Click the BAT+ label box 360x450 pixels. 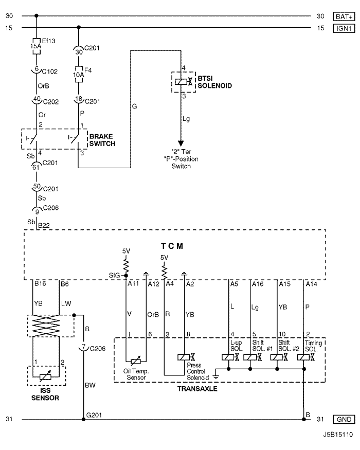[344, 16]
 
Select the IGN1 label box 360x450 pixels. [344, 28]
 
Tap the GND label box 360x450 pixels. [344, 419]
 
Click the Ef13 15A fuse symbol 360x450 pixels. [37, 46]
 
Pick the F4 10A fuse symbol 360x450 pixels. [79, 75]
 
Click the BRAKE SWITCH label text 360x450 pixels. [102, 140]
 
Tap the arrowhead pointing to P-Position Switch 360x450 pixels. [181, 143]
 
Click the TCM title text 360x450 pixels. [172, 246]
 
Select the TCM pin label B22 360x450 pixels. [44, 226]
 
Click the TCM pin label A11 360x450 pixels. [133, 283]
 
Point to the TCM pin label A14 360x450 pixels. [312, 284]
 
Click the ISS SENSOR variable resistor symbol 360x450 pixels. [45, 376]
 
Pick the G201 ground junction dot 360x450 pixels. [83, 419]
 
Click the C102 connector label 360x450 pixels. [50, 71]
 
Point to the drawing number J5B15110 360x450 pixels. [338, 435]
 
